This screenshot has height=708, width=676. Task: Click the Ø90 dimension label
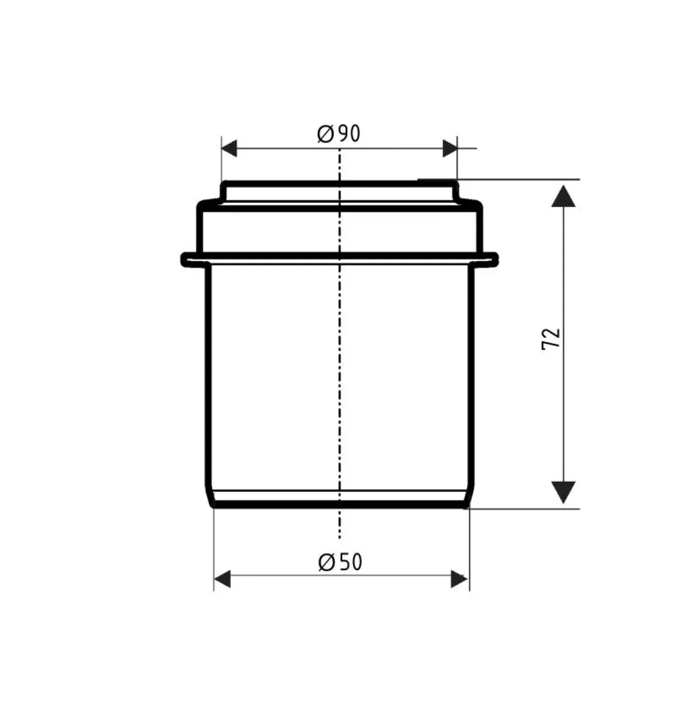pos(339,134)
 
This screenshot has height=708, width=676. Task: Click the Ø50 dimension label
pos(340,562)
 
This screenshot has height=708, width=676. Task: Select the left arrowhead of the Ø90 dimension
pos(229,149)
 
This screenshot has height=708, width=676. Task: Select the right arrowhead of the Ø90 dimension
pos(450,149)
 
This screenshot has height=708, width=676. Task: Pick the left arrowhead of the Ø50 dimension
pos(222,579)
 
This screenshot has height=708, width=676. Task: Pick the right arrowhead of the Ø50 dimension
pos(459,579)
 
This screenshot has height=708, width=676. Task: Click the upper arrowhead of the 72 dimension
pos(563,196)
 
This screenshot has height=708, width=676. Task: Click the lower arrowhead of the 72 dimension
pos(563,492)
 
